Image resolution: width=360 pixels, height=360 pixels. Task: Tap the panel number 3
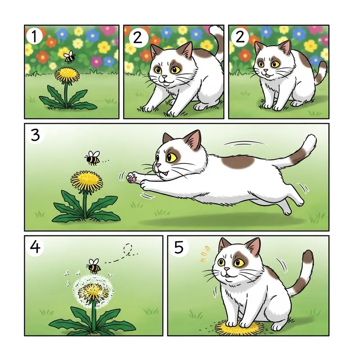pos(35,134)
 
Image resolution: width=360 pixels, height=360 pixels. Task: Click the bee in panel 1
pos(69,56)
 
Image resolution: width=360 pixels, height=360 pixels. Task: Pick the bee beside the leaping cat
pos(92,158)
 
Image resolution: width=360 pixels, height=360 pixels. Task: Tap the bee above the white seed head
pos(94,266)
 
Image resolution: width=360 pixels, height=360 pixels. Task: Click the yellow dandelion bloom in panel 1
pos(67,74)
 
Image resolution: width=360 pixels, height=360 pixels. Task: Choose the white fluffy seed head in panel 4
pos(92,291)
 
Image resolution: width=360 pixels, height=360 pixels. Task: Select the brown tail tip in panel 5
pos(308,257)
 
